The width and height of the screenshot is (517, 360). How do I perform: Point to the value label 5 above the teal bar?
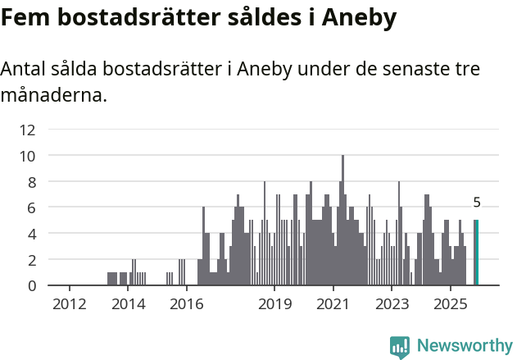477,203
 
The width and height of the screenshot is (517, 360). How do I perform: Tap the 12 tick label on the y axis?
28,129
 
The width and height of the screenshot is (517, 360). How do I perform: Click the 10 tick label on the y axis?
28,155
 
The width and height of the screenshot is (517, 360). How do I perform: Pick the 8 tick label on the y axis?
31,181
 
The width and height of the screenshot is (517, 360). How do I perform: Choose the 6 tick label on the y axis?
31,207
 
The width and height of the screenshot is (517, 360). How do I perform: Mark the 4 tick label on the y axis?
31,234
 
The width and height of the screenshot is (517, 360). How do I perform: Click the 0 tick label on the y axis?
31,285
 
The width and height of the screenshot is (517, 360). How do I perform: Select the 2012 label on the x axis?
69,305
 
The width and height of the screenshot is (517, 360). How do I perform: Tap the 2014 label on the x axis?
128,305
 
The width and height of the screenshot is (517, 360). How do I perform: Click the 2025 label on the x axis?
451,305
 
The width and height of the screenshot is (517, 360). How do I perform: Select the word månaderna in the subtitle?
53,95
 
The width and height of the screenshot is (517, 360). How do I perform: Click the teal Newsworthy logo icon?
400,347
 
